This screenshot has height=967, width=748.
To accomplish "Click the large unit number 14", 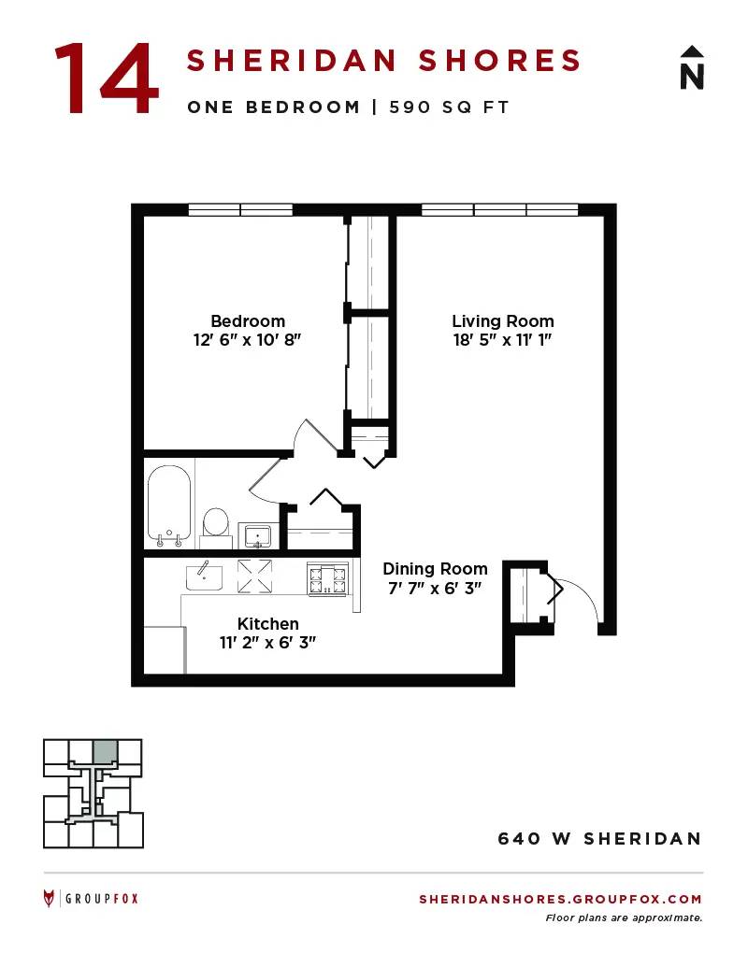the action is (x=107, y=78).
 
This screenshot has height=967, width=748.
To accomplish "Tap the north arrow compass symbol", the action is (x=692, y=68).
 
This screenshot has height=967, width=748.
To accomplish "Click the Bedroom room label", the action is (x=248, y=321).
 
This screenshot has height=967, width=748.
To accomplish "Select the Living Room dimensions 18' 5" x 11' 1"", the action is (x=502, y=340).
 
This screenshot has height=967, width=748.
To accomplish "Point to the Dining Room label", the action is (x=435, y=569).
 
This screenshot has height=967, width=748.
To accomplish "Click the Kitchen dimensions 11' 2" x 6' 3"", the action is (x=267, y=643).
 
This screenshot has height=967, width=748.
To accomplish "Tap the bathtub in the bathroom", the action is (x=168, y=505).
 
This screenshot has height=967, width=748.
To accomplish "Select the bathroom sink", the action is (x=258, y=536).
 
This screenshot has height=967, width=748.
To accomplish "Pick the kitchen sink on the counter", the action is (x=204, y=576).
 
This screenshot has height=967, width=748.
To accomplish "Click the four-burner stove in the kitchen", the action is (x=327, y=579).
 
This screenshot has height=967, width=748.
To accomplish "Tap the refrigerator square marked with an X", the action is (x=255, y=576).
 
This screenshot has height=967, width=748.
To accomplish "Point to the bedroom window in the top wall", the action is (x=240, y=209).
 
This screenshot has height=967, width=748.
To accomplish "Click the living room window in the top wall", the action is (x=500, y=209).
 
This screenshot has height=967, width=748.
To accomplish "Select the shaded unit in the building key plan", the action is (x=105, y=751).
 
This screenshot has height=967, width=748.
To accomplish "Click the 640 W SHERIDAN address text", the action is (x=600, y=839).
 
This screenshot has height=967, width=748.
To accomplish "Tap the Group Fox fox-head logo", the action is (x=49, y=899).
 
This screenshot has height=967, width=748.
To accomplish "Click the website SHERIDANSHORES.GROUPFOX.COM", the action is (x=560, y=899).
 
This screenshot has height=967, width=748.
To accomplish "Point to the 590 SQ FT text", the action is (x=449, y=107).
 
